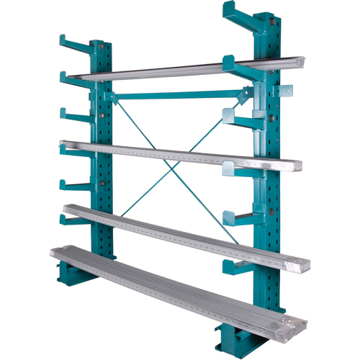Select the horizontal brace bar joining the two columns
pyautogui.click(x=176, y=94)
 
